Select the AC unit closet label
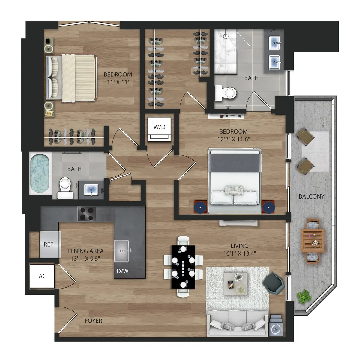[42, 276]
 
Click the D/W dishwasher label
[122, 271]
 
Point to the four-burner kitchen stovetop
[87, 214]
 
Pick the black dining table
[183, 267]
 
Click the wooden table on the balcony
[312, 241]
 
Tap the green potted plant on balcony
[304, 296]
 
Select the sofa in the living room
[237, 324]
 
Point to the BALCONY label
[311, 196]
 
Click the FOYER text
[93, 321]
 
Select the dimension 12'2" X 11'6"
[234, 139]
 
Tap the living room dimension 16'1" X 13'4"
[239, 253]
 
